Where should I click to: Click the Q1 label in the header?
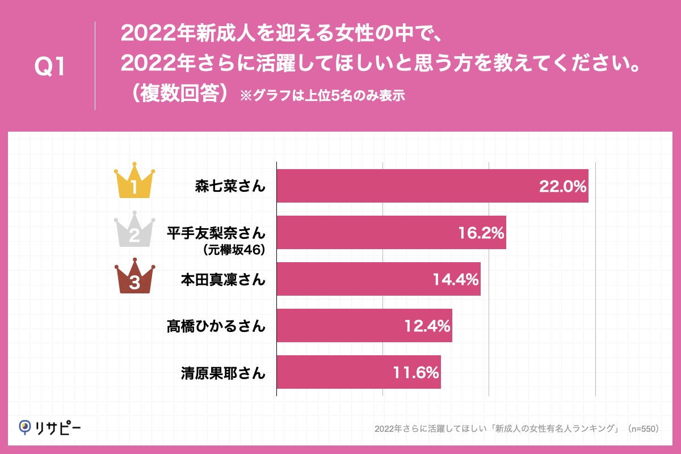click(x=51, y=67)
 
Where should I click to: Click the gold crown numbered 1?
click(x=134, y=182)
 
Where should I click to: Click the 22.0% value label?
click(x=562, y=186)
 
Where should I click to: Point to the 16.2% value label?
click(x=481, y=233)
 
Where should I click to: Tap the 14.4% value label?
click(x=456, y=279)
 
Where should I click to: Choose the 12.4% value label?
click(x=427, y=326)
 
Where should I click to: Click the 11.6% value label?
click(x=416, y=372)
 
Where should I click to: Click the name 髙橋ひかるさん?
click(x=216, y=326)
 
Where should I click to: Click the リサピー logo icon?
click(x=25, y=426)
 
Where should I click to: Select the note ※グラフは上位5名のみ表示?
click(x=322, y=95)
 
